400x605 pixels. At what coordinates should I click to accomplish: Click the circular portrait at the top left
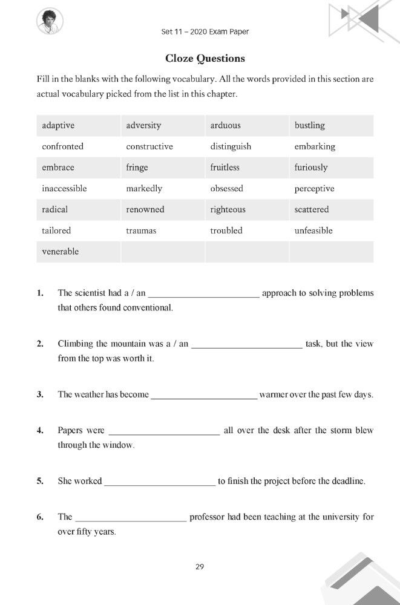[50, 22]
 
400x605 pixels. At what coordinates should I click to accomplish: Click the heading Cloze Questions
[205, 59]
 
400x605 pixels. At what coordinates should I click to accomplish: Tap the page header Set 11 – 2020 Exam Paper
[205, 31]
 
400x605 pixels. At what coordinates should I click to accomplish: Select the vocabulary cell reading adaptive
[58, 126]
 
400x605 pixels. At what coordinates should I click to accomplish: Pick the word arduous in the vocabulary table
[225, 126]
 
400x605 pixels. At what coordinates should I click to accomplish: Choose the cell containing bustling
[309, 126]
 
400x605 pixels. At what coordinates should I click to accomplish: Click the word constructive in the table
[149, 146]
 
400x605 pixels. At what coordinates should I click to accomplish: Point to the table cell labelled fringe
[137, 168]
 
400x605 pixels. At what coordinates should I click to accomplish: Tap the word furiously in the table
[311, 168]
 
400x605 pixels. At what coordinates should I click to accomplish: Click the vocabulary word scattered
[312, 209]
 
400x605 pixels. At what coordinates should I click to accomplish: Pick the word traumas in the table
[141, 231]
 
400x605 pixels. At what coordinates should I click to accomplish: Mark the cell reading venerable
[60, 252]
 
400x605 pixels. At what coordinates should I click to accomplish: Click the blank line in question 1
[204, 295]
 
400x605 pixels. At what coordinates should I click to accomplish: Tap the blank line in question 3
[204, 397]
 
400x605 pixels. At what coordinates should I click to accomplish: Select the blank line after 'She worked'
[160, 484]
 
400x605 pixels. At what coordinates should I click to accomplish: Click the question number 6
[40, 517]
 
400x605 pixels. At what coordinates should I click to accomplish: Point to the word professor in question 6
[209, 517]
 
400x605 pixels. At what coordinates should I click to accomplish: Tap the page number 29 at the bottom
[200, 567]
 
